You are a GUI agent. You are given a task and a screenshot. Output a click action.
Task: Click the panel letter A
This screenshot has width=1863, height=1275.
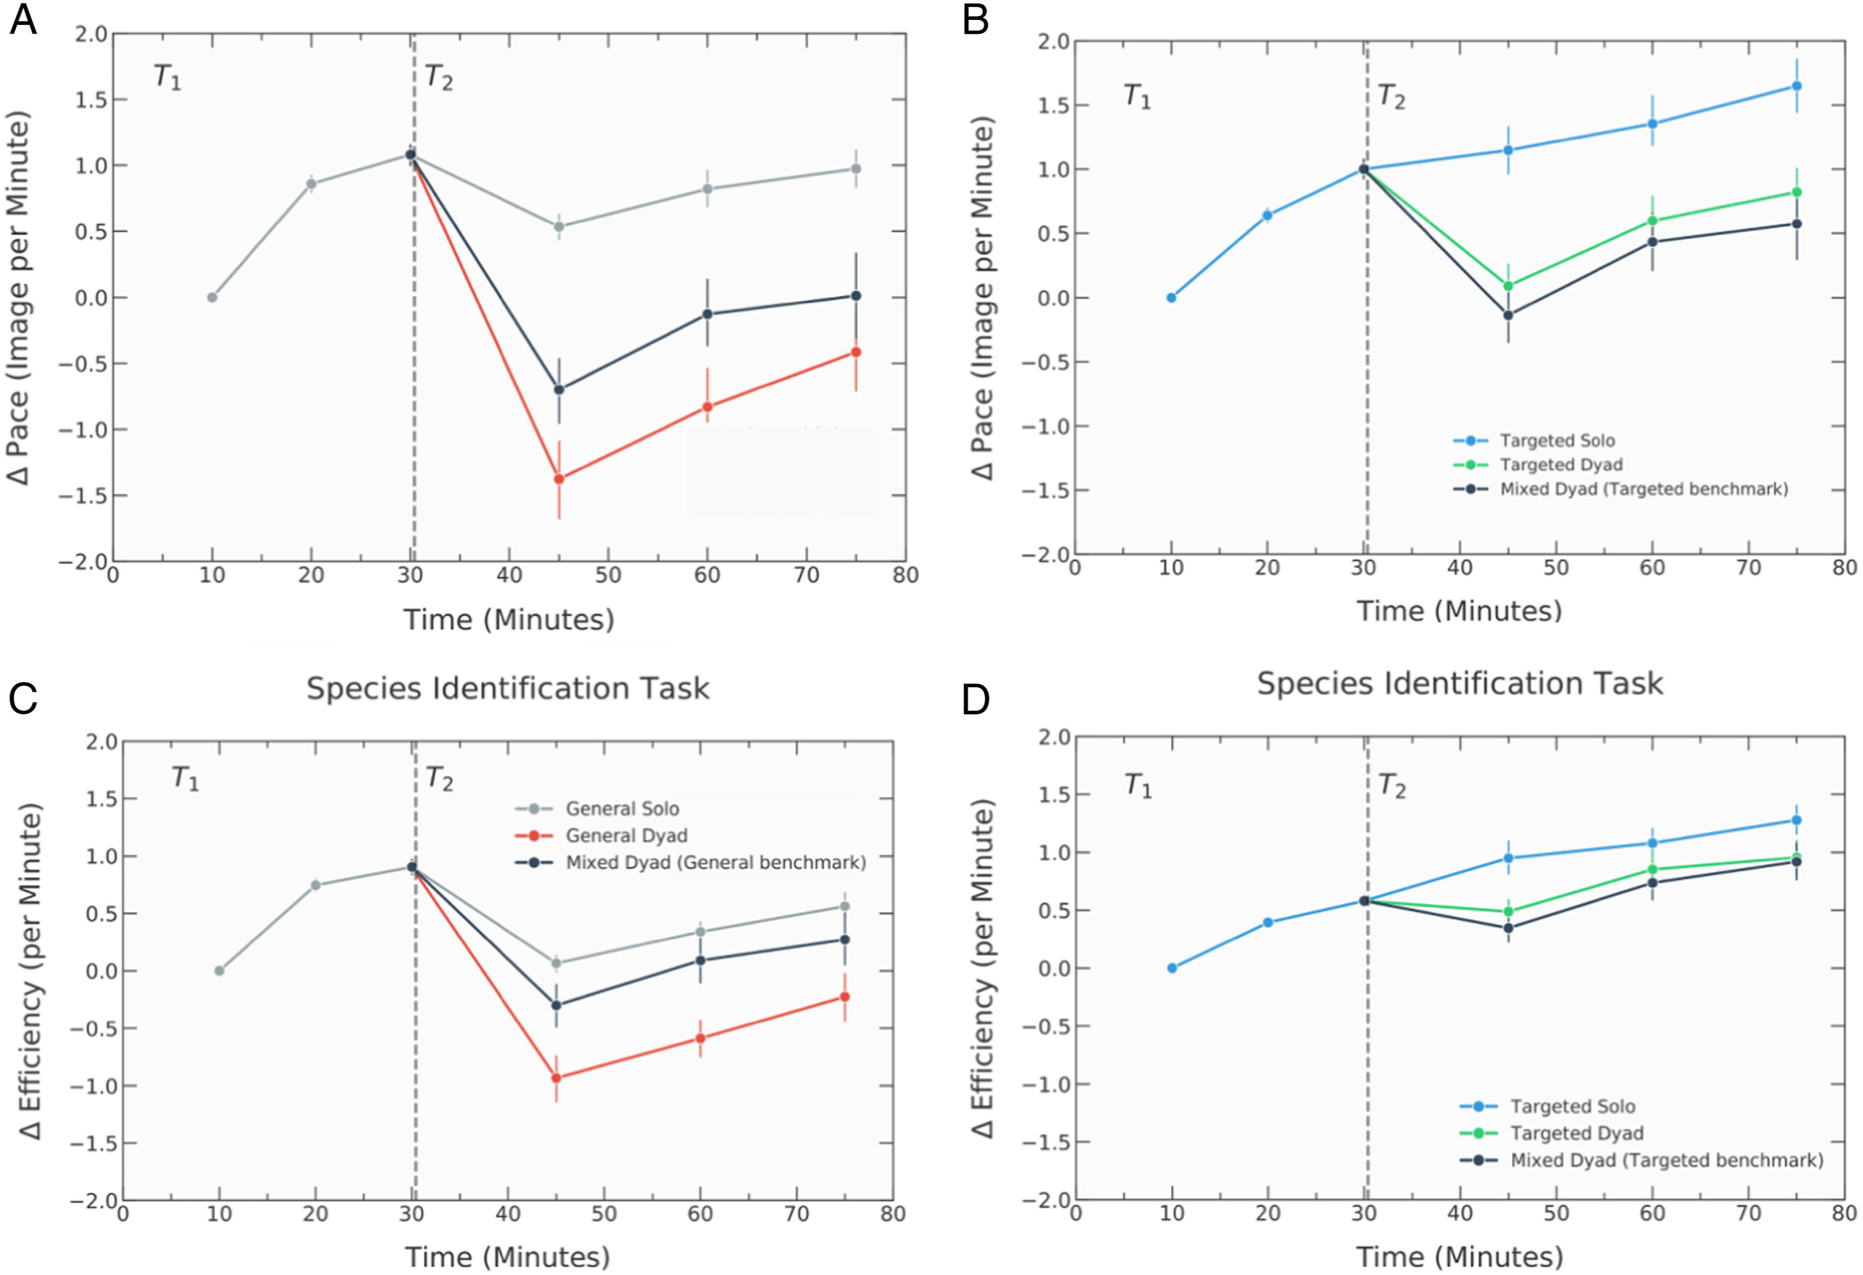click(23, 19)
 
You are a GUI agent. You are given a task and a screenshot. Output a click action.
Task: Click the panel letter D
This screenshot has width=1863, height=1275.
click(975, 699)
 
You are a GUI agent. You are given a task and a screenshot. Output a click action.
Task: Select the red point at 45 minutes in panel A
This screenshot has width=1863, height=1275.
click(559, 479)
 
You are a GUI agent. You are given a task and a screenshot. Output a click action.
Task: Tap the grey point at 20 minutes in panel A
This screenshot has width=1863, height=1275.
click(311, 184)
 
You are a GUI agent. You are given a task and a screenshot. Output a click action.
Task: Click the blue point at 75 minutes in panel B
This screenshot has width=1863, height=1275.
click(1797, 86)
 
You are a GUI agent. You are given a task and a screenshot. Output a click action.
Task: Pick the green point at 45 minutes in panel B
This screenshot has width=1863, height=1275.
click(1508, 285)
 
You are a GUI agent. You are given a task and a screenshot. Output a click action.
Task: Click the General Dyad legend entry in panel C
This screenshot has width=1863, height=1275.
click(626, 836)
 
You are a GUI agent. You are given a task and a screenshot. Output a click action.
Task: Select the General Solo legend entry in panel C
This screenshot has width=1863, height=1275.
click(622, 808)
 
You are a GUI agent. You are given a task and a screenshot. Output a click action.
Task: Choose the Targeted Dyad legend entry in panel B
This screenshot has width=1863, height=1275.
click(1561, 464)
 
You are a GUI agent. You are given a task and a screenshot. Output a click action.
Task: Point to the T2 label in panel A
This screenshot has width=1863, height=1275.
click(439, 78)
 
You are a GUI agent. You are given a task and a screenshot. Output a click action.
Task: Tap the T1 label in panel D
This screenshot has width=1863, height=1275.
click(1137, 785)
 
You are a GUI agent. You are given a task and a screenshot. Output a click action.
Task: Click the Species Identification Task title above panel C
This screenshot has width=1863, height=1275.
click(507, 688)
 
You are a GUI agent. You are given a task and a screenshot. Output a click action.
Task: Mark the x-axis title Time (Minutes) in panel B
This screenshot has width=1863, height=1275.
click(1459, 611)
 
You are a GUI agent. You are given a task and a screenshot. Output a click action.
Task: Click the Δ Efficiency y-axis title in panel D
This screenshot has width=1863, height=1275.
click(982, 968)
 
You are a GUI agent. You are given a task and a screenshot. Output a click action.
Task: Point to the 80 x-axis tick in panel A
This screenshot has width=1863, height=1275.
click(905, 575)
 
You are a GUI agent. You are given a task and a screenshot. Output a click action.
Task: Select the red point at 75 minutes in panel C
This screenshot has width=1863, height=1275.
click(844, 997)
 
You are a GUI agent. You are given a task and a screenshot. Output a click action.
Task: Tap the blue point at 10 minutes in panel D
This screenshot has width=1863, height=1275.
click(1172, 968)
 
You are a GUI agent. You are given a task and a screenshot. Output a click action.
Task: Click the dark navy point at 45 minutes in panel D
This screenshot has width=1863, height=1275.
click(1508, 928)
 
